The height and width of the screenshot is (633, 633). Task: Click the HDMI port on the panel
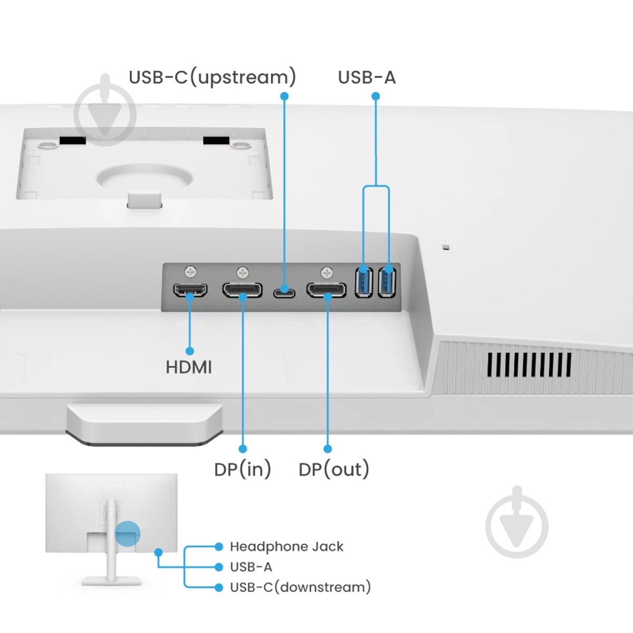(x=190, y=290)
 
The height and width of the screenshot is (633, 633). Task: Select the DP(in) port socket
(x=242, y=290)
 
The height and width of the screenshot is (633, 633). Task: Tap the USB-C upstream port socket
(x=284, y=291)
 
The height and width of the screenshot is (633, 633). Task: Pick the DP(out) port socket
(x=327, y=290)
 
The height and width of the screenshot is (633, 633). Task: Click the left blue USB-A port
(x=364, y=281)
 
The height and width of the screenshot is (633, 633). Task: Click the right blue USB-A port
(x=387, y=281)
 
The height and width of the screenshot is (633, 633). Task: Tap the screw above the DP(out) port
(x=327, y=273)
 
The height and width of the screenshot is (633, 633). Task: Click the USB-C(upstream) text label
(x=212, y=78)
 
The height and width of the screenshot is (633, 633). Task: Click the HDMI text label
(x=189, y=367)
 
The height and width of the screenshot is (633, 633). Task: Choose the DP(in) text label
(x=243, y=469)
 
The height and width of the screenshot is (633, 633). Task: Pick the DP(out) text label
(x=333, y=469)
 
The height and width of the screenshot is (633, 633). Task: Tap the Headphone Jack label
(x=286, y=546)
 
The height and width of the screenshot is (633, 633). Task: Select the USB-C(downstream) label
(x=300, y=587)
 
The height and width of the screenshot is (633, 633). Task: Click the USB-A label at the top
(x=367, y=78)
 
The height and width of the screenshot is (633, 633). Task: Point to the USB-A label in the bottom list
(x=251, y=567)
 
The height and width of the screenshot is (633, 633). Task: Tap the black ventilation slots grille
(x=529, y=365)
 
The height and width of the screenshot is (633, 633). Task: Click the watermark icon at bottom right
(x=517, y=522)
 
